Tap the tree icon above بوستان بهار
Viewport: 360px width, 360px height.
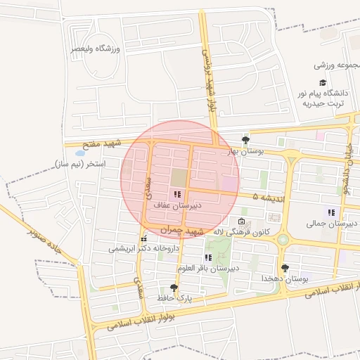pyautogui.click(x=245, y=140)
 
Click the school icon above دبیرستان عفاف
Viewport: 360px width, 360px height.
pyautogui.click(x=177, y=194)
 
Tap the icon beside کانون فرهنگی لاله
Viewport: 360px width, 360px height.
pyautogui.click(x=242, y=222)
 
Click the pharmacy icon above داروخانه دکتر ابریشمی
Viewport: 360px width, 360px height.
pyautogui.click(x=144, y=238)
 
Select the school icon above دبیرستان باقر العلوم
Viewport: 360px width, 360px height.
pyautogui.click(x=208, y=257)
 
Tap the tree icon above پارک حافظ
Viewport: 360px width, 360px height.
pyautogui.click(x=174, y=288)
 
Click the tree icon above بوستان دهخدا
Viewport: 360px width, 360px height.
pyautogui.click(x=285, y=268)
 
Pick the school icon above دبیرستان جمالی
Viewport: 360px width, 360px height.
pyautogui.click(x=330, y=212)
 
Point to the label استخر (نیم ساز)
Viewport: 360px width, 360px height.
pyautogui.click(x=79, y=164)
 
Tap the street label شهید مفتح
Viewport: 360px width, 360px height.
pyautogui.click(x=103, y=143)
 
